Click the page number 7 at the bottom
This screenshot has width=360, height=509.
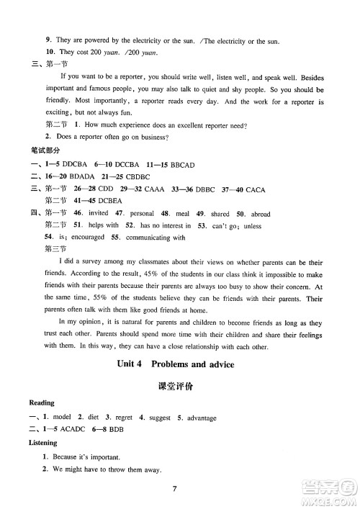coord(175,490)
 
